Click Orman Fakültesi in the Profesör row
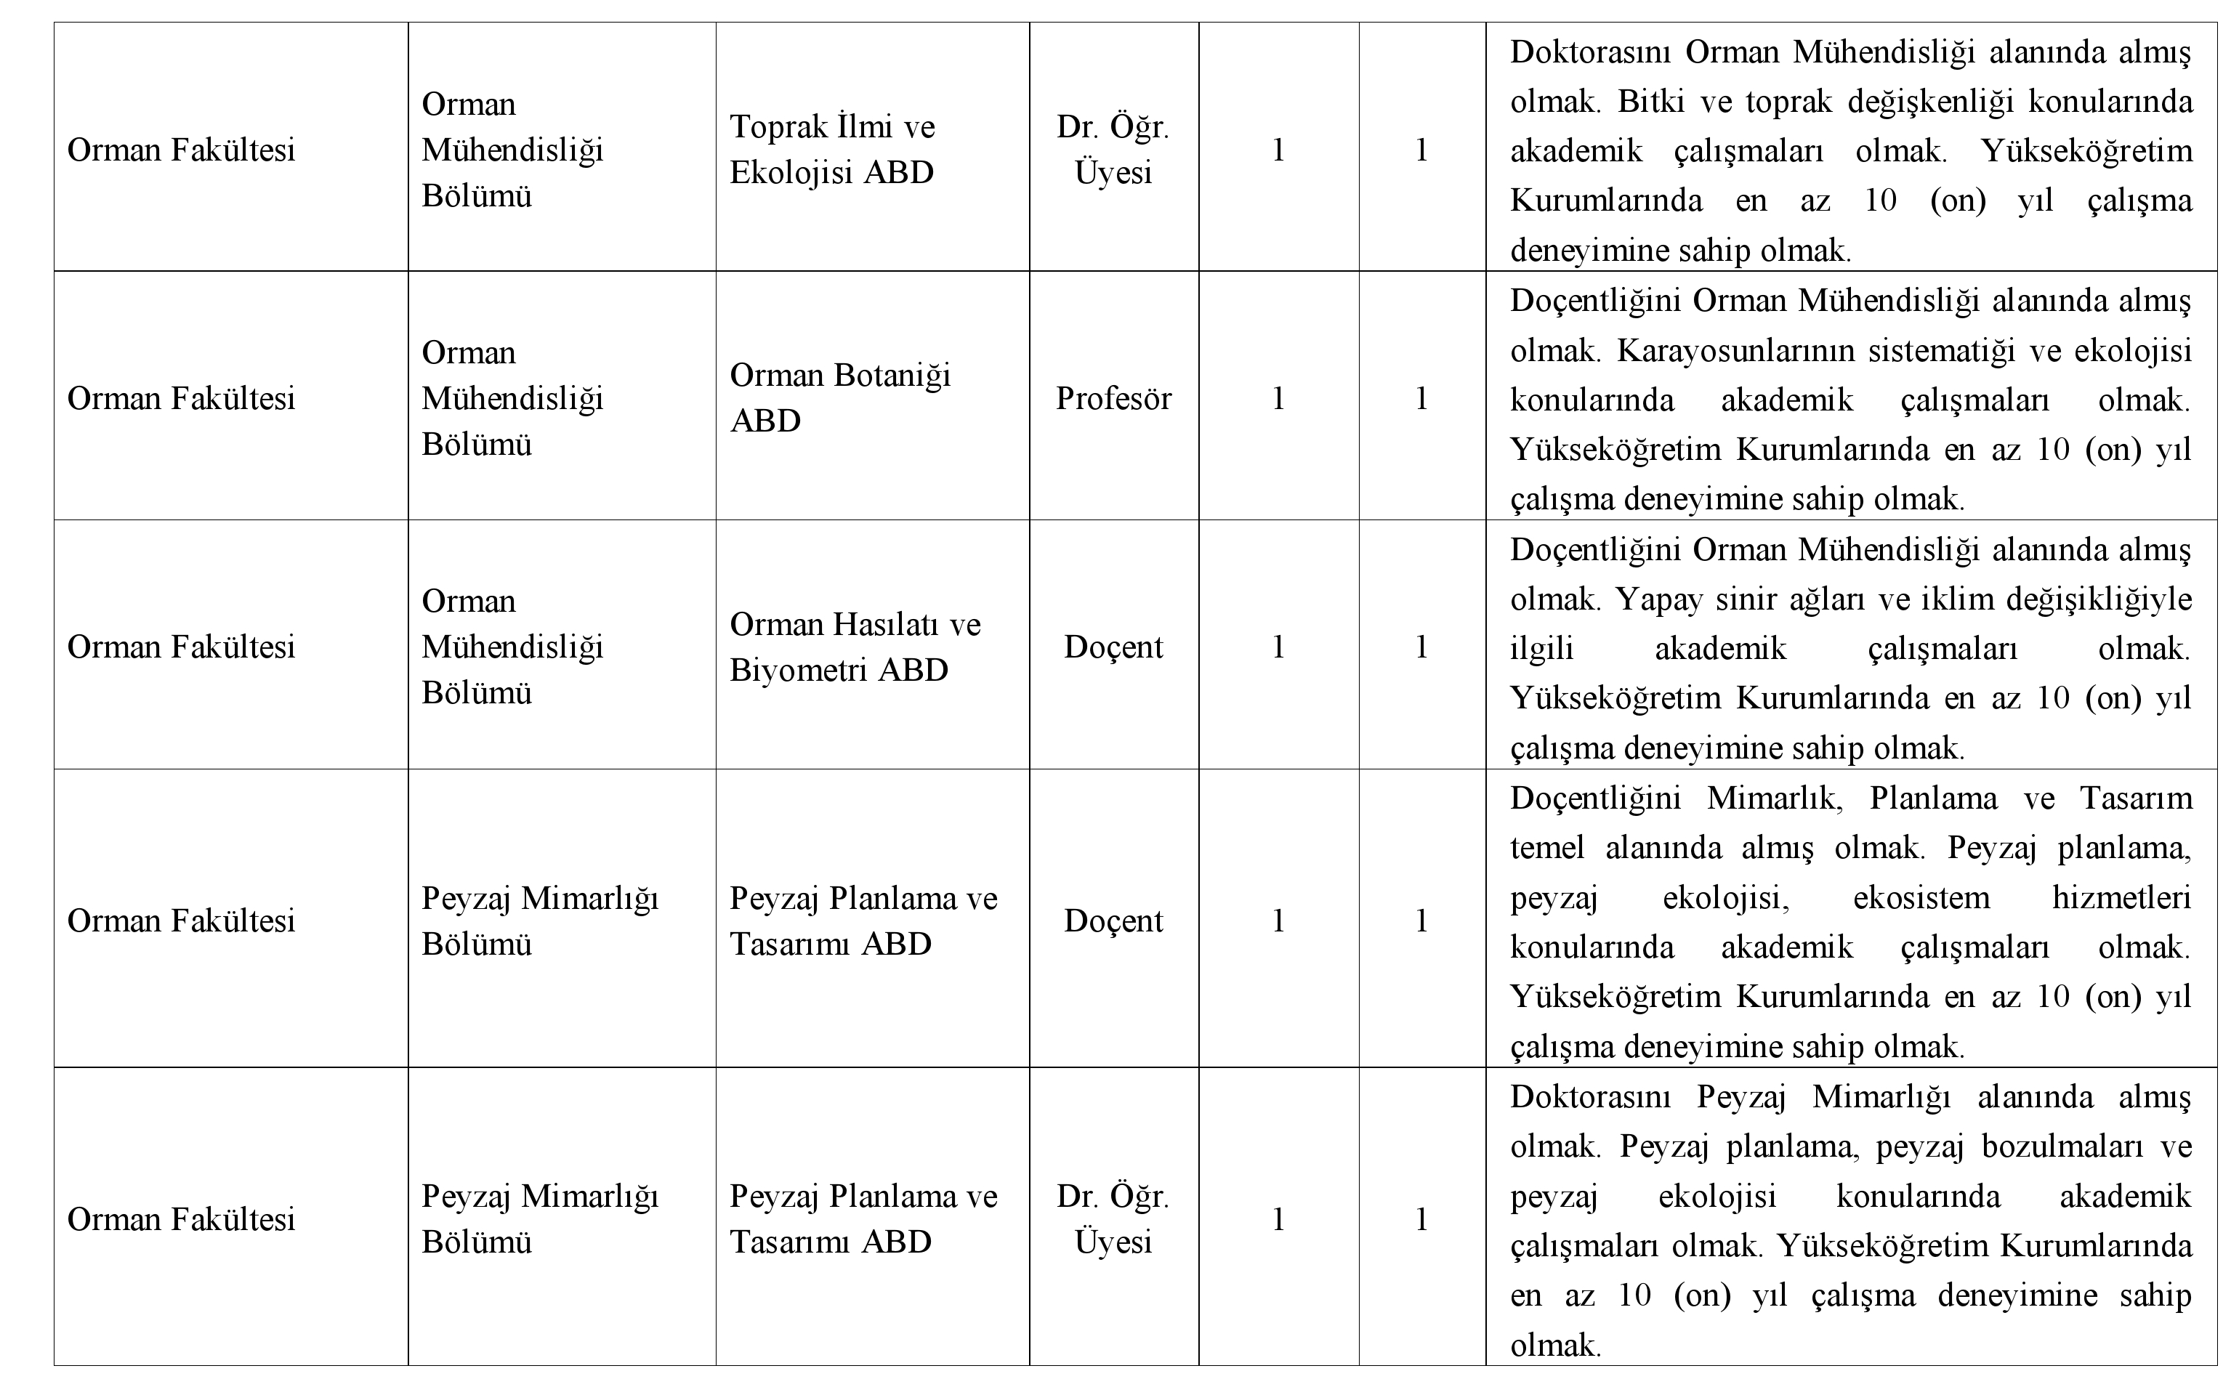(181, 399)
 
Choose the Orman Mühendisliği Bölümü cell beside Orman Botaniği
(512, 399)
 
